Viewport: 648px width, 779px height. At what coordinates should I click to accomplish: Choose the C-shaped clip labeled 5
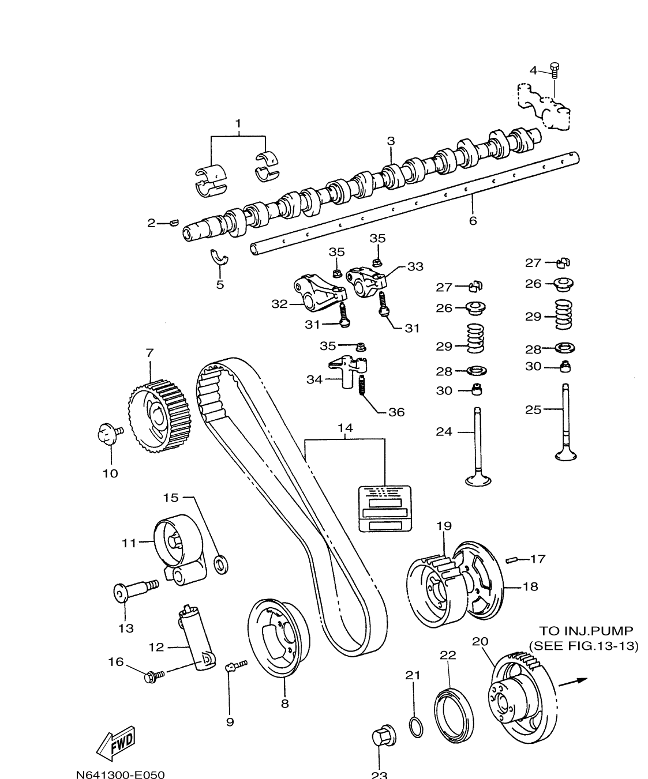click(220, 259)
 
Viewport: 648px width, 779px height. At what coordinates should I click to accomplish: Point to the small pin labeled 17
click(510, 559)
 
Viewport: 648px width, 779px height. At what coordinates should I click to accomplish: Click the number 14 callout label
click(345, 428)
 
